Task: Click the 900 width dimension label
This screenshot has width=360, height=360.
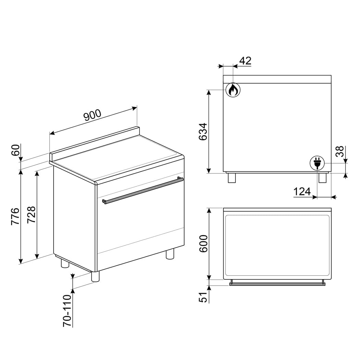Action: pyautogui.click(x=93, y=115)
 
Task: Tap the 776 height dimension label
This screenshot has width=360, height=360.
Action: pyautogui.click(x=15, y=216)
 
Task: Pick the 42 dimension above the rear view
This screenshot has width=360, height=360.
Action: pyautogui.click(x=245, y=61)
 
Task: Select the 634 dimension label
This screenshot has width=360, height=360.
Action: pyautogui.click(x=203, y=131)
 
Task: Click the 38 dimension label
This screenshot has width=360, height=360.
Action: pyautogui.click(x=339, y=151)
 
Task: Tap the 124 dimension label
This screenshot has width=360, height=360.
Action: pyautogui.click(x=302, y=191)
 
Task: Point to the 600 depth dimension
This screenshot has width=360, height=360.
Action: pyautogui.click(x=203, y=243)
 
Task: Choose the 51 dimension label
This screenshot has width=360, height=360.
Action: pyautogui.click(x=204, y=297)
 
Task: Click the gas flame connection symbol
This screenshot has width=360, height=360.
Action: pyautogui.click(x=233, y=90)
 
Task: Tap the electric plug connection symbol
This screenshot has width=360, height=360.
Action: pyautogui.click(x=317, y=163)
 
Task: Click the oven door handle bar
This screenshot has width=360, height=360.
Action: pyautogui.click(x=143, y=190)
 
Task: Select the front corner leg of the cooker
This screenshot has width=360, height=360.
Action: pyautogui.click(x=95, y=276)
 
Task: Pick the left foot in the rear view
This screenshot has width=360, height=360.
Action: pyautogui.click(x=232, y=178)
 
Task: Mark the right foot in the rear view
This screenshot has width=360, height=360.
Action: pyautogui.click(x=322, y=178)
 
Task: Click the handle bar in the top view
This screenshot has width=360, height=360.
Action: pyautogui.click(x=277, y=284)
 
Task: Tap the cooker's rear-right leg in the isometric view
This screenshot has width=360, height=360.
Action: pyautogui.click(x=170, y=254)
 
